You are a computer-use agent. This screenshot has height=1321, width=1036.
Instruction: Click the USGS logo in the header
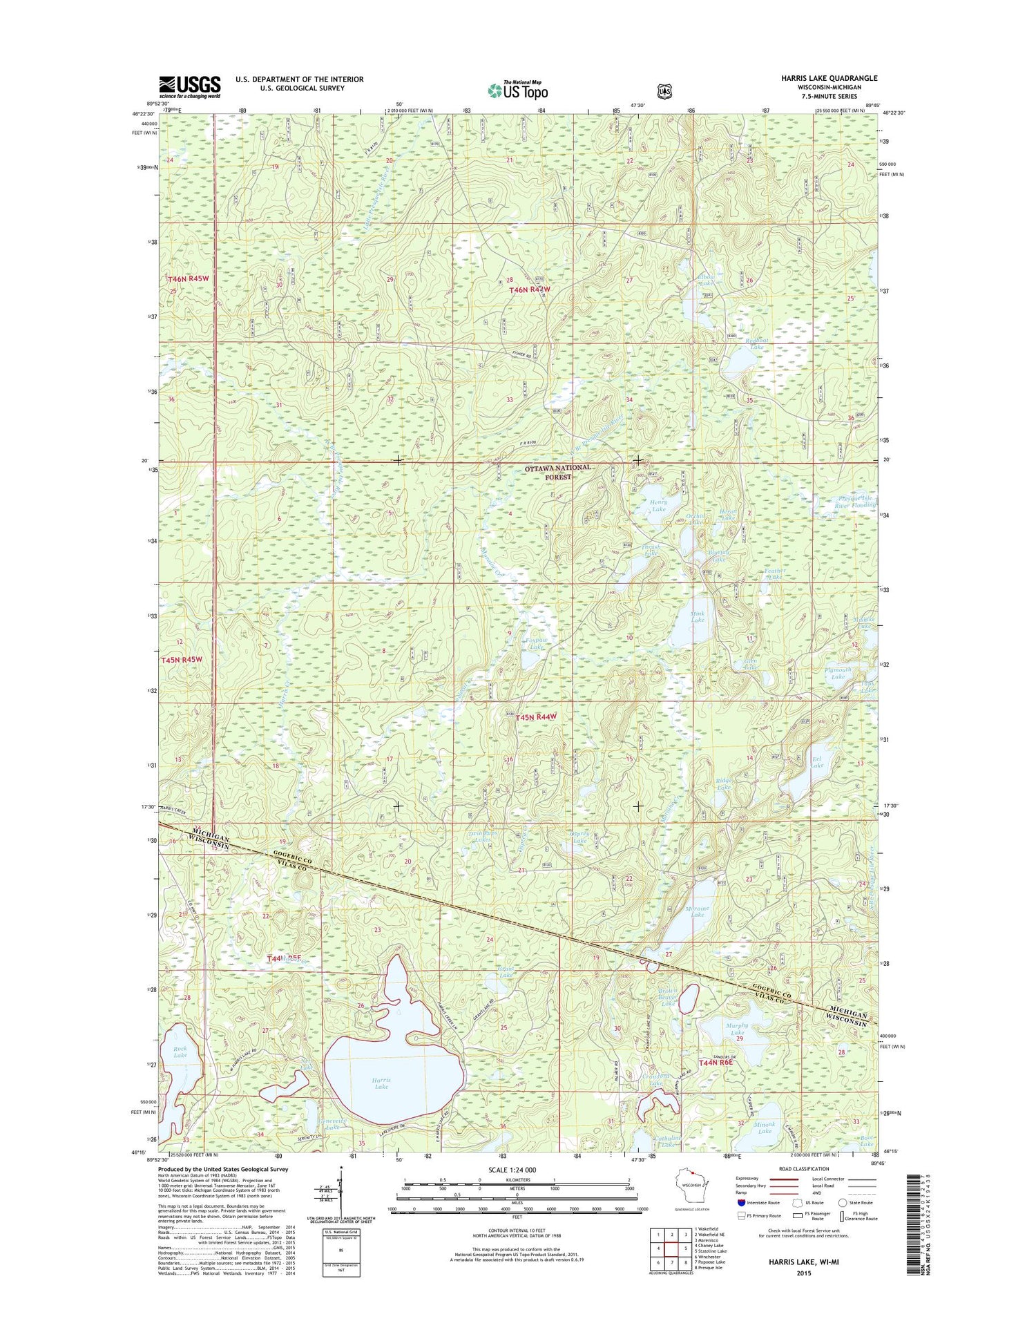click(x=190, y=87)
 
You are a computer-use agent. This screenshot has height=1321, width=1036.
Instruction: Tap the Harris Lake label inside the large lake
click(x=381, y=1083)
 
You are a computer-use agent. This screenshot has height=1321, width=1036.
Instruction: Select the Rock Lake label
click(x=180, y=1052)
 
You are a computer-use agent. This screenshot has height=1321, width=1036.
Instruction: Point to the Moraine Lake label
click(x=698, y=911)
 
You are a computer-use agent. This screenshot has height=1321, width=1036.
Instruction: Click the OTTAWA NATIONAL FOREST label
click(x=558, y=472)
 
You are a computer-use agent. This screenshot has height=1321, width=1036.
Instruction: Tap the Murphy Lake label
click(x=737, y=1029)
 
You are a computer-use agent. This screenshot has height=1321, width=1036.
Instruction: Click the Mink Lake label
click(x=698, y=616)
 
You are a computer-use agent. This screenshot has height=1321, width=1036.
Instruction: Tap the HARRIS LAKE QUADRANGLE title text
click(x=829, y=78)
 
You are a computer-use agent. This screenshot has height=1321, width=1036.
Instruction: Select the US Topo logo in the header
click(x=518, y=90)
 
